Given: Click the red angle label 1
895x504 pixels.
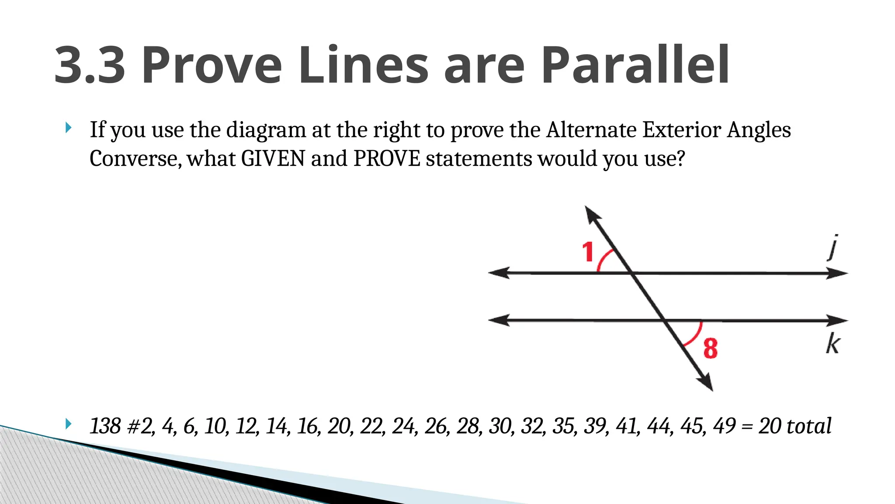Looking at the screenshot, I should pyautogui.click(x=588, y=252).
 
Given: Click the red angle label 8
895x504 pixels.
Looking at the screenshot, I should pyautogui.click(x=711, y=348).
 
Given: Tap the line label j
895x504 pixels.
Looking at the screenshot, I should pyautogui.click(x=833, y=248).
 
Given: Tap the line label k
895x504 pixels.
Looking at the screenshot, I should pyautogui.click(x=833, y=344).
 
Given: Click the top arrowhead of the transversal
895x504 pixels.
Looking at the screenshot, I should pyautogui.click(x=592, y=214).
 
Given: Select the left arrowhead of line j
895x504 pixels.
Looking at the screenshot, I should pyautogui.click(x=497, y=273).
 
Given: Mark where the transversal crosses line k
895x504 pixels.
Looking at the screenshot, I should pyautogui.click(x=664, y=321).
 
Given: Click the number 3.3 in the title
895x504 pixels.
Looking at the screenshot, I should pyautogui.click(x=90, y=66).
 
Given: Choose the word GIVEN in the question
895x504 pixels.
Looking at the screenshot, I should pyautogui.click(x=273, y=158).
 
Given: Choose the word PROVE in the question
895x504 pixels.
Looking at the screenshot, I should pyautogui.click(x=387, y=158).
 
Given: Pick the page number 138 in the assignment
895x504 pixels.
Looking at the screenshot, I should pyautogui.click(x=105, y=426).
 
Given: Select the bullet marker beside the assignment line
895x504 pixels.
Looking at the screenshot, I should pyautogui.click(x=68, y=423).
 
